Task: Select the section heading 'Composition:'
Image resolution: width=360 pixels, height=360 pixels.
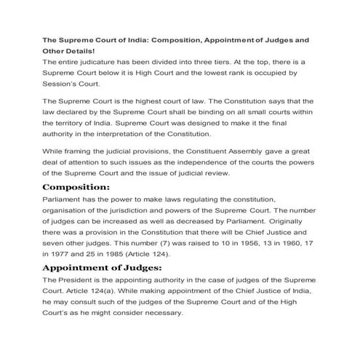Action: [x=76, y=186]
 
